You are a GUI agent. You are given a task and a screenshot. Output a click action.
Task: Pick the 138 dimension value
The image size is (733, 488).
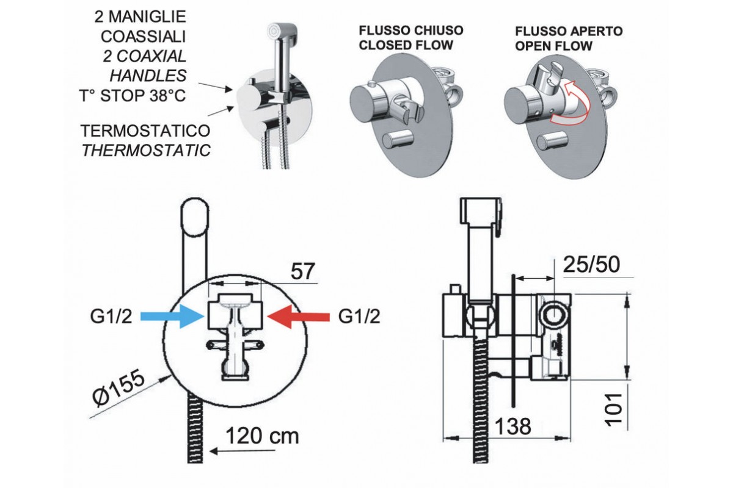(513, 426)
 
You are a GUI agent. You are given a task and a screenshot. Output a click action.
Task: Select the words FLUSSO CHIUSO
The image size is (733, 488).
(410, 30)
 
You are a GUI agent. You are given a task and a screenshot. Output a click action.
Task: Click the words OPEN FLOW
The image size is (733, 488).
(554, 45)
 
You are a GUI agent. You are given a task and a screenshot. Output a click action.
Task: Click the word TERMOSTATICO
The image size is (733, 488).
(146, 131)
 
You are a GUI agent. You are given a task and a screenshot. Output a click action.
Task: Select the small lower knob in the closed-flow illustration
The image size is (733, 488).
(398, 139)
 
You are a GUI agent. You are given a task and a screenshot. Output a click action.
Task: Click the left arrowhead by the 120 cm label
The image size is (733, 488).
(214, 451)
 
